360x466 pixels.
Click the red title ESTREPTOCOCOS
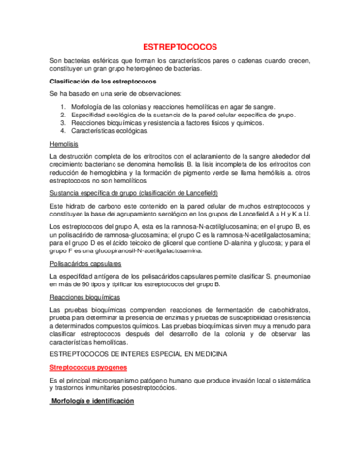[180, 47]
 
